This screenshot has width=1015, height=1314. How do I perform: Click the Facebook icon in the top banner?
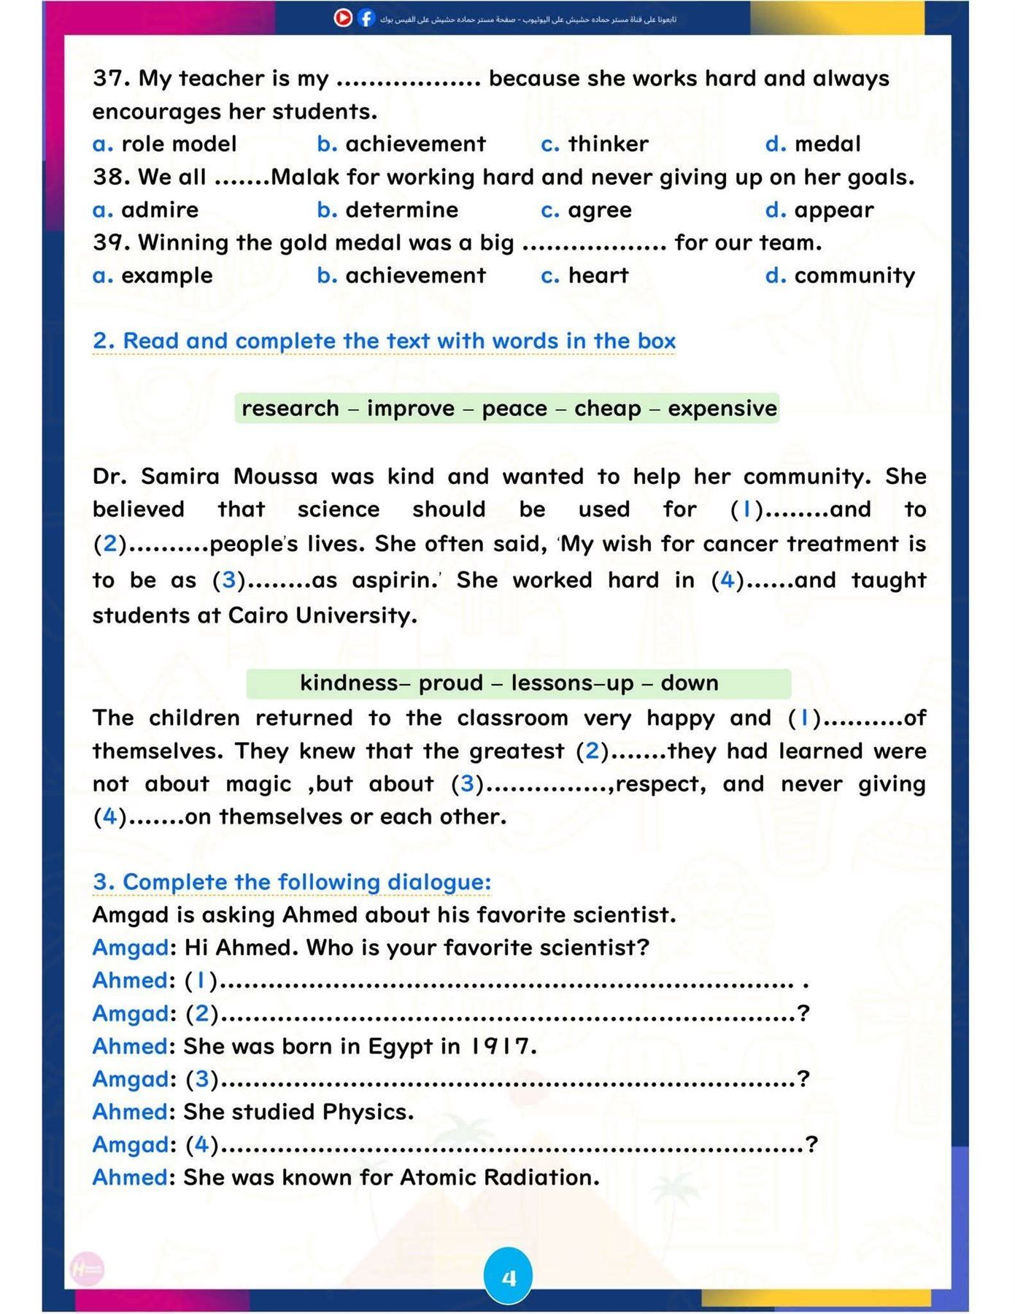point(366,18)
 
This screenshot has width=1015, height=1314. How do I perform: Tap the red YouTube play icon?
point(343,18)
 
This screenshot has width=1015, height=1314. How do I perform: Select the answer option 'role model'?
point(179,144)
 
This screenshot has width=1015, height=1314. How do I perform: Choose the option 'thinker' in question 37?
point(608,144)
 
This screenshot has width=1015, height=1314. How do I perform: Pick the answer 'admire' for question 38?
point(160,210)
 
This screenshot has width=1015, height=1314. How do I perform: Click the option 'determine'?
point(401,210)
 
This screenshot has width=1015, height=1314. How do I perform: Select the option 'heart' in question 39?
point(598,275)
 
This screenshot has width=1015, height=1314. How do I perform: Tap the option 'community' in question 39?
point(854,275)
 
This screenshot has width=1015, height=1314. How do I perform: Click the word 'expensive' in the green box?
point(722,408)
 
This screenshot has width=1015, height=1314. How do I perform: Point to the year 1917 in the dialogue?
point(501,1046)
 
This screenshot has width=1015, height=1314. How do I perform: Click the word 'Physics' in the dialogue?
point(367,1112)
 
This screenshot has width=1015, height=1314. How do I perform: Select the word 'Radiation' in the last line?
point(540,1177)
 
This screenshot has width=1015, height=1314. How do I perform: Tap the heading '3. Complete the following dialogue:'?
point(292,882)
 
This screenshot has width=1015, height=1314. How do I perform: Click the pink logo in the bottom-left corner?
point(88,1270)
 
